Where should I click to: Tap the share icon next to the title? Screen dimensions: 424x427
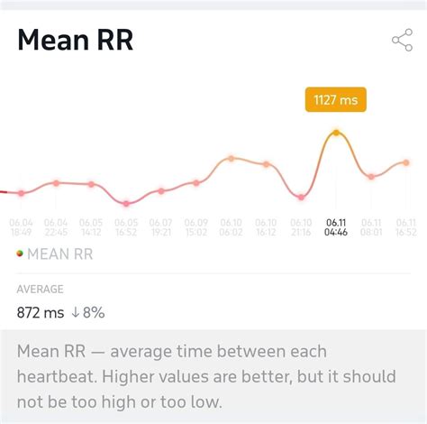click(x=402, y=41)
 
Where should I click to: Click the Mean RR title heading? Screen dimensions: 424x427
click(x=75, y=41)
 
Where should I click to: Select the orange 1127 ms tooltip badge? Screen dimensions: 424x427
click(x=335, y=100)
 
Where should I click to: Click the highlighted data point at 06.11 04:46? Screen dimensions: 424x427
click(x=336, y=133)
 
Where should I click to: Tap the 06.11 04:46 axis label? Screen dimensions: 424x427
click(x=336, y=226)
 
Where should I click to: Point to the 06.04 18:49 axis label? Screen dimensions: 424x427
click(x=21, y=226)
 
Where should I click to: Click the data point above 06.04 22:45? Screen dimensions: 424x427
click(x=56, y=183)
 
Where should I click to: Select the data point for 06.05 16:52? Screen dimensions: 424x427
click(x=126, y=203)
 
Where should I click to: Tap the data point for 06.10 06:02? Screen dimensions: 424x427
click(x=231, y=158)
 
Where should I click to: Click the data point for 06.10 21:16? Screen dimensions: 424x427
click(x=301, y=197)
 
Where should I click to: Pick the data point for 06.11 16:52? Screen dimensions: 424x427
click(x=406, y=162)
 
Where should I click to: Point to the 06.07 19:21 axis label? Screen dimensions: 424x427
click(x=161, y=226)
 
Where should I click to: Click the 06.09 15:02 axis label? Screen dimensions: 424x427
click(x=196, y=226)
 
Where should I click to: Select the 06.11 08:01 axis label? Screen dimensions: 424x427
click(x=371, y=226)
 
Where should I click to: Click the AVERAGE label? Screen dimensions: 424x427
click(x=40, y=290)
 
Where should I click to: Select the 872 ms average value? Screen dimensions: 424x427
click(x=41, y=313)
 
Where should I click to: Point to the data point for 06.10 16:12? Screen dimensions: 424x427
click(x=266, y=164)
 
